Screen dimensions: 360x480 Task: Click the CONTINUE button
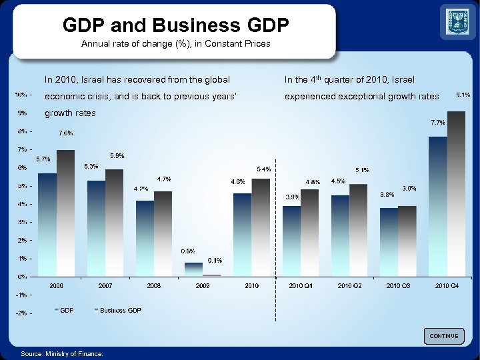(443, 336)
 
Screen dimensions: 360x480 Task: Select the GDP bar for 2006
(47, 224)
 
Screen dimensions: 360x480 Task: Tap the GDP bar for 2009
(193, 269)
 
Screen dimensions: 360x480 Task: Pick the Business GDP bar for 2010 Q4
(457, 193)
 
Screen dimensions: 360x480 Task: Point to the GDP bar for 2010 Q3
(389, 241)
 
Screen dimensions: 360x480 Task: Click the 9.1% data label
(463, 95)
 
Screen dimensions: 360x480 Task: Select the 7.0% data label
(65, 133)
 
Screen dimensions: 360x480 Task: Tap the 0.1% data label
(215, 260)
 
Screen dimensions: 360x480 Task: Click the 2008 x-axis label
(154, 285)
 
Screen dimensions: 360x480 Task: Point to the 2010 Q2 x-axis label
(349, 285)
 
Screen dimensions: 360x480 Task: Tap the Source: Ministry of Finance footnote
(62, 353)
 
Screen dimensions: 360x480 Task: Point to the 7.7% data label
(438, 123)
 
